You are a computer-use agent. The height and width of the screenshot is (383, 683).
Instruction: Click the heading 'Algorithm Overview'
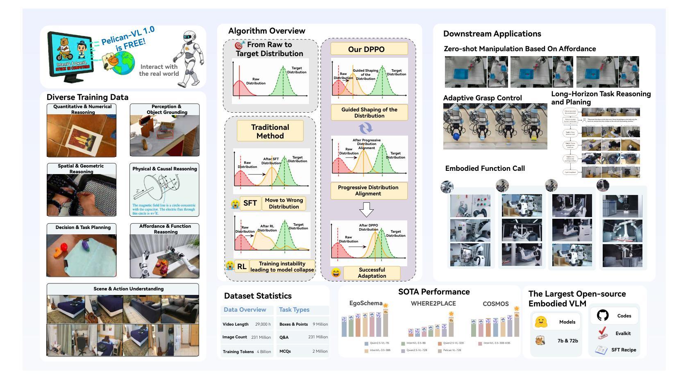(266, 31)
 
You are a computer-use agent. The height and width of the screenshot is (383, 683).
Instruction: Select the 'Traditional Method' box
(270, 131)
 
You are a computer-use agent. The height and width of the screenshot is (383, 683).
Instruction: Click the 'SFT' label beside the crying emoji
(250, 203)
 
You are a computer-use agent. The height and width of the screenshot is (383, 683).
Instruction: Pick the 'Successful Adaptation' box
(372, 273)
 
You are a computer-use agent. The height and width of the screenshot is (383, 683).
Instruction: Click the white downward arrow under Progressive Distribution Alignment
(366, 210)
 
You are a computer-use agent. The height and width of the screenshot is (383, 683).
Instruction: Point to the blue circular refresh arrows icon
(365, 128)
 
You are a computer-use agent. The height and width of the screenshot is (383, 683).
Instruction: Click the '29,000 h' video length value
(263, 324)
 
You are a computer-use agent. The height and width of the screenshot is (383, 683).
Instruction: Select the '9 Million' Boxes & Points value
(320, 324)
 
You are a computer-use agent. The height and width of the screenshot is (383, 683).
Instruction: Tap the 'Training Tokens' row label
(238, 351)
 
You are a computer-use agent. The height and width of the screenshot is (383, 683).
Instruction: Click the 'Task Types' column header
(294, 310)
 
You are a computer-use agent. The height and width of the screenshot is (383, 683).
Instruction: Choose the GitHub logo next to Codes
(603, 315)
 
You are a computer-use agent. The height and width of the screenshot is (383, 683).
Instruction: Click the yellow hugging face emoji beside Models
(541, 322)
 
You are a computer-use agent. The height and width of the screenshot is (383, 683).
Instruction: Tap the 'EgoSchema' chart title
(365, 304)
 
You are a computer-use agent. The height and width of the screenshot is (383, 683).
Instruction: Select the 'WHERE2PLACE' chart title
(433, 304)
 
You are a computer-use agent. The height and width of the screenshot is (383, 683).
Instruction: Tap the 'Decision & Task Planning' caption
(83, 227)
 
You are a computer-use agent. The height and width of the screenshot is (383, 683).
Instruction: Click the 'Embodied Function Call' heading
(485, 168)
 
